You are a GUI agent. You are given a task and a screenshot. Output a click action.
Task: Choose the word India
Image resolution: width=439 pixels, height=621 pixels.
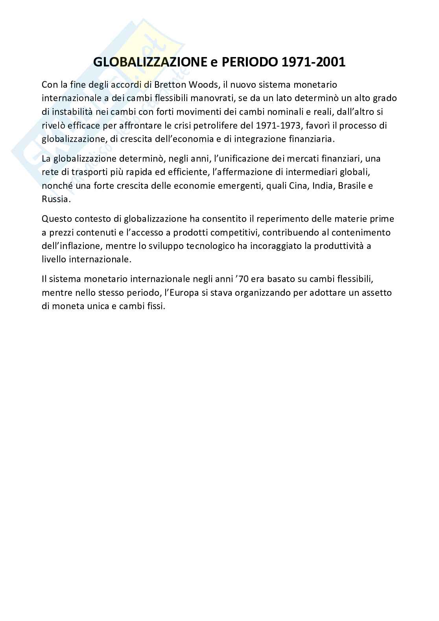point(323,186)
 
